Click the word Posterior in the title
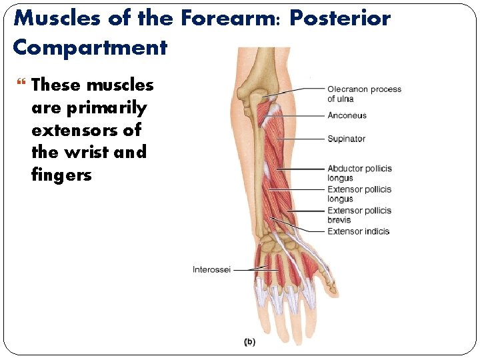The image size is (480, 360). (x=339, y=18)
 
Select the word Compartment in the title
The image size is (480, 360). (x=89, y=47)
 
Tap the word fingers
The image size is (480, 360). (x=61, y=175)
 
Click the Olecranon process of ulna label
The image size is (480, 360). (x=364, y=94)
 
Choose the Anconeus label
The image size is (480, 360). (x=347, y=115)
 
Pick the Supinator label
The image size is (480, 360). (x=346, y=139)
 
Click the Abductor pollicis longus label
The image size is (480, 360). (x=359, y=173)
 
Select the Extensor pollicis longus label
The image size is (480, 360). (x=359, y=194)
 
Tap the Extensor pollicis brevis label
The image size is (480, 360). (x=359, y=215)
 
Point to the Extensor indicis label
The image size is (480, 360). (x=358, y=231)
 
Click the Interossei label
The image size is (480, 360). (x=211, y=269)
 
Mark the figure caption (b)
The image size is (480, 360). (x=249, y=342)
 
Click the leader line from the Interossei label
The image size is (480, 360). (x=250, y=269)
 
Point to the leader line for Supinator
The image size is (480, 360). (x=300, y=139)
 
